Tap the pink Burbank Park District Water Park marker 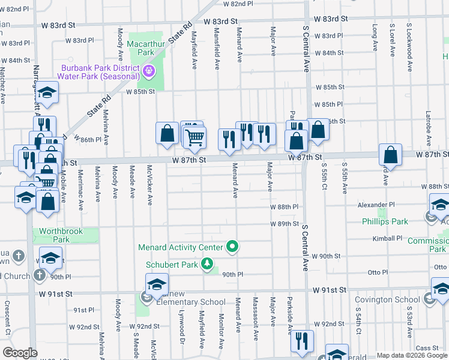[149, 73]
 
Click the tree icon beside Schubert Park [207, 264]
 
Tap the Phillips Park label [384, 221]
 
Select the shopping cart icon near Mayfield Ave [194, 137]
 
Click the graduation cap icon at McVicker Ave [156, 284]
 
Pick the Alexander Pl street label [376, 205]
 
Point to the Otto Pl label [378, 272]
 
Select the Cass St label [427, 347]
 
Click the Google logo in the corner [20, 353]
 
